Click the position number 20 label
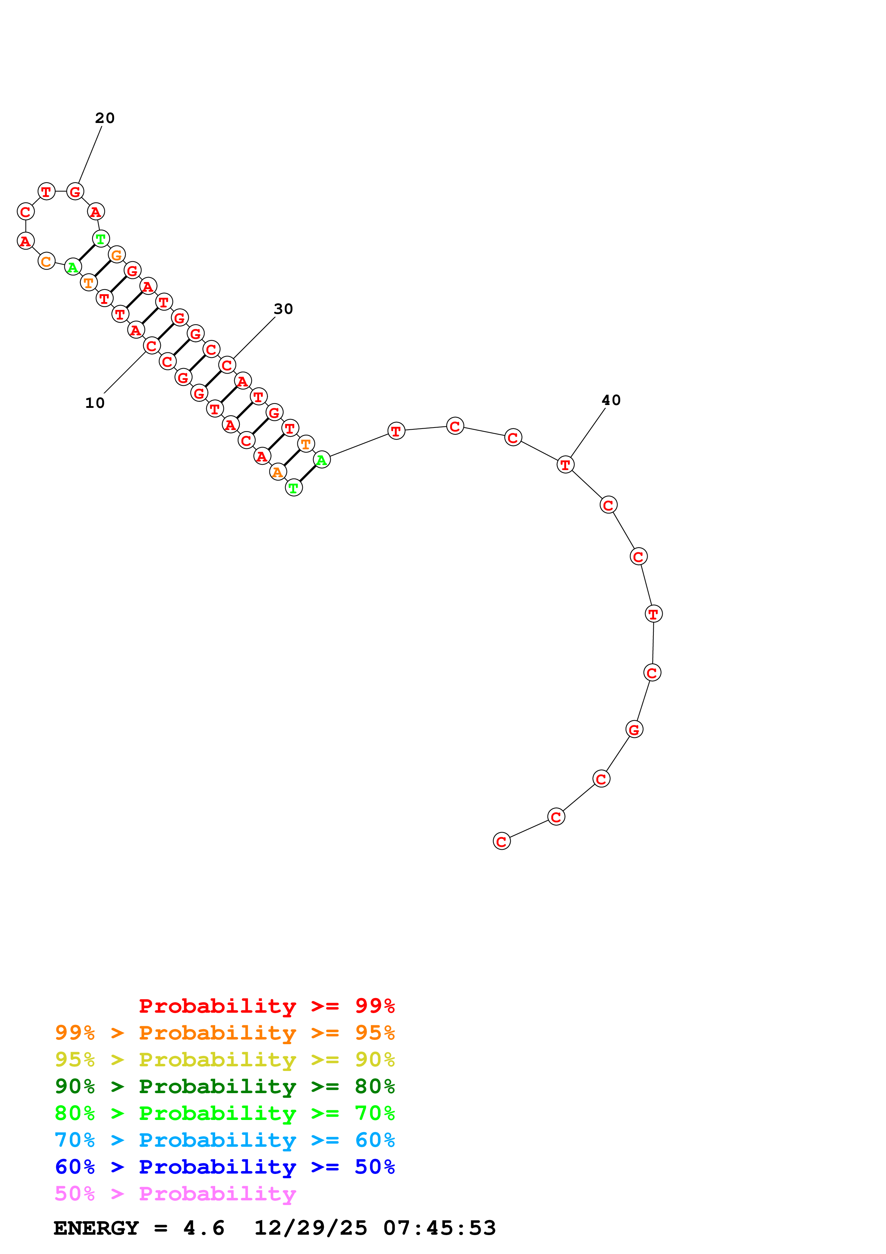[x=105, y=118]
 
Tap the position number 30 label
[x=283, y=309]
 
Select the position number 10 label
[x=95, y=403]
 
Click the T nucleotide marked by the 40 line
[x=565, y=465]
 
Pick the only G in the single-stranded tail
[x=634, y=729]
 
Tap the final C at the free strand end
[x=502, y=841]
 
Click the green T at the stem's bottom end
[x=294, y=488]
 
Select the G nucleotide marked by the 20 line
[x=75, y=192]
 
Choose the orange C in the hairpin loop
[x=46, y=262]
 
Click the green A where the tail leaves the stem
[x=322, y=460]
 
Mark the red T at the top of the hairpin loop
[x=46, y=192]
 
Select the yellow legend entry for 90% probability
[x=225, y=1060]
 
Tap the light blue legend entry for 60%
[x=225, y=1140]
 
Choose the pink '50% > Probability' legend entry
[x=175, y=1193]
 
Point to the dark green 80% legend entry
[x=225, y=1086]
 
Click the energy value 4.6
[x=204, y=1228]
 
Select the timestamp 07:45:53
[x=440, y=1228]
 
